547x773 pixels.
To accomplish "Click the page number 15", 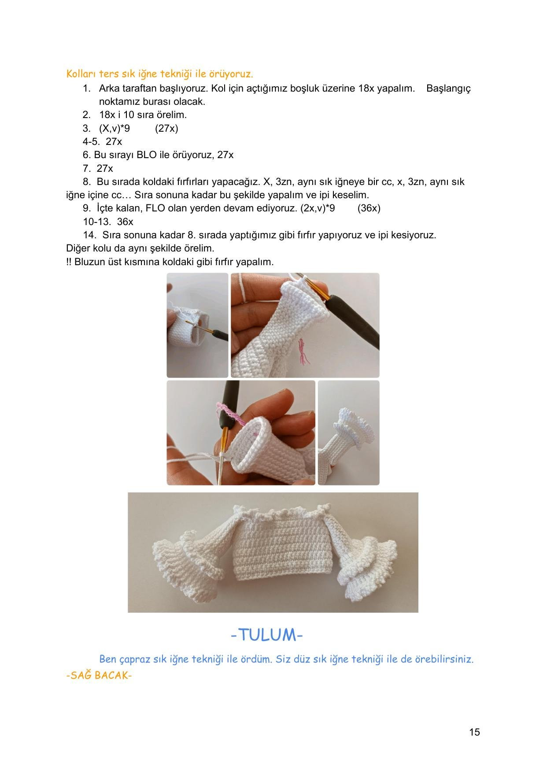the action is coord(474,732).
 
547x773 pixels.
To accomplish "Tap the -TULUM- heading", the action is coord(267,635).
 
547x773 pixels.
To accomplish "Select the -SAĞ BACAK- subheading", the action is coord(99,675).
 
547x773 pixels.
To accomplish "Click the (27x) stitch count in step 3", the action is coord(166,128).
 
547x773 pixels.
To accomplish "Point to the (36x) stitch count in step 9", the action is coord(369,208).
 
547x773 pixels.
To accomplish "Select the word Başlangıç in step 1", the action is coord(448,89).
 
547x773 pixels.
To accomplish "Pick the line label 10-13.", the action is coord(97,222).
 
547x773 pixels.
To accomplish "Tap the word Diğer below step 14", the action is coord(77,248).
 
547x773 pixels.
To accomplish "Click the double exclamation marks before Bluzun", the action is coord(69,262).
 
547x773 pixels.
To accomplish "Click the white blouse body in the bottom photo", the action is coord(282,546).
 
